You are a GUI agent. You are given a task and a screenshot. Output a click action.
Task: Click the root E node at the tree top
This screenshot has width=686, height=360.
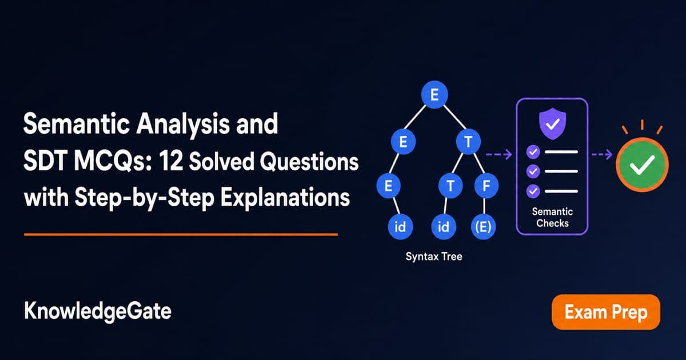click(434, 95)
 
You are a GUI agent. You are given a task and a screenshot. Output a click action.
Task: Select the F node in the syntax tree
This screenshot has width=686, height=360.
click(486, 186)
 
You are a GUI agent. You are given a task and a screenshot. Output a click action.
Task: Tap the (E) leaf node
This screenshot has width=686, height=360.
click(483, 227)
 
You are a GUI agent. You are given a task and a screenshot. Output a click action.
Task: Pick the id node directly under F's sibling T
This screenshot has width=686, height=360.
click(444, 227)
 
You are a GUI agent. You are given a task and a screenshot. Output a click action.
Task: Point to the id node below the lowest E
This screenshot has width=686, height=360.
click(400, 227)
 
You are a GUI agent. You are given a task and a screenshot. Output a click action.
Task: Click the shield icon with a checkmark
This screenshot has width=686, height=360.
click(552, 123)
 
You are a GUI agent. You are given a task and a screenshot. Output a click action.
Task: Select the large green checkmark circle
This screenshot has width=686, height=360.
click(642, 165)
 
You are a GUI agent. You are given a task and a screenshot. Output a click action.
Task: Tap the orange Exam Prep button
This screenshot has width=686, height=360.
click(606, 312)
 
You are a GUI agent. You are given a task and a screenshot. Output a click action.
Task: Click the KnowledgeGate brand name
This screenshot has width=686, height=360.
click(98, 311)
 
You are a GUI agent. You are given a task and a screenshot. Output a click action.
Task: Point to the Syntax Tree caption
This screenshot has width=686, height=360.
click(434, 257)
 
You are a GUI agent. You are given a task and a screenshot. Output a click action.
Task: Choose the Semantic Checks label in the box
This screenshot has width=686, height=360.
click(552, 217)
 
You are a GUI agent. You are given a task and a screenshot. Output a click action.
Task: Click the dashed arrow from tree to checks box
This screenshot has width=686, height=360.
click(499, 154)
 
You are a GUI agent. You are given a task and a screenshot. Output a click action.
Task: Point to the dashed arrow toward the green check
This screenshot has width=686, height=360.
click(602, 154)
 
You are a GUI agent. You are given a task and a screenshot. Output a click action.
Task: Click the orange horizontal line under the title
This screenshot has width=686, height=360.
click(181, 235)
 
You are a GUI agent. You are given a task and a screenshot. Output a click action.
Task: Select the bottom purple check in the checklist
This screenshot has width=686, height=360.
click(533, 191)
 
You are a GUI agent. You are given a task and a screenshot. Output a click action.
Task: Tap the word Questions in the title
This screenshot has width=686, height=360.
click(309, 162)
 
